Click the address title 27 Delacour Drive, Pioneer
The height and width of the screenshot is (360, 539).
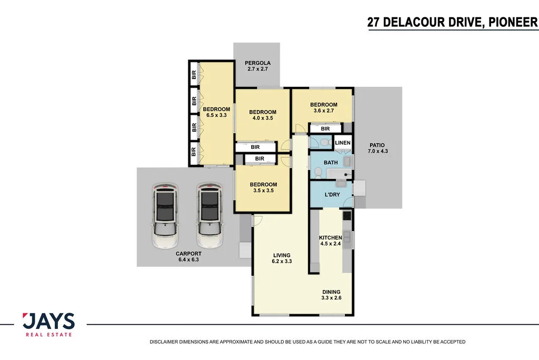pyautogui.click(x=453, y=22)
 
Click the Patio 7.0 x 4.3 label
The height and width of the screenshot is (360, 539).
pyautogui.click(x=377, y=148)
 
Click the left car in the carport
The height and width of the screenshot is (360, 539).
pyautogui.click(x=164, y=216)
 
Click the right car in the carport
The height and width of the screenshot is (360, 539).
pyautogui.click(x=209, y=216)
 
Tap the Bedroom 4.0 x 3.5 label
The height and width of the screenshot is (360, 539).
pyautogui.click(x=263, y=115)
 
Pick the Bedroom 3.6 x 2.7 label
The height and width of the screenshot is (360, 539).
pyautogui.click(x=323, y=108)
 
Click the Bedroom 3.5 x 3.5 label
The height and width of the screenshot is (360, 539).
pyautogui.click(x=263, y=187)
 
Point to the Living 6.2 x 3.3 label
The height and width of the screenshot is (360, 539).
pyautogui.click(x=281, y=258)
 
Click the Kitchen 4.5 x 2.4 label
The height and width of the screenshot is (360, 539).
pyautogui.click(x=331, y=241)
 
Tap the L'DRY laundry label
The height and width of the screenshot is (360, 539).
pyautogui.click(x=332, y=195)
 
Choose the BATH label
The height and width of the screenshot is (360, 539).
pyautogui.click(x=331, y=163)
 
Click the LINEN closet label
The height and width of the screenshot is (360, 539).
pyautogui.click(x=343, y=143)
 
